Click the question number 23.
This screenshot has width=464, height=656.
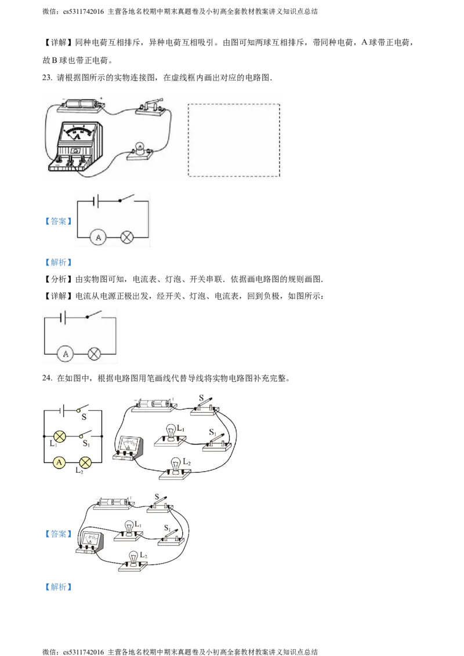click(x=48, y=78)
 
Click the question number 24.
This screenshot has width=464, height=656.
click(x=48, y=378)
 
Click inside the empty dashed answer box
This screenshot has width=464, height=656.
click(x=234, y=140)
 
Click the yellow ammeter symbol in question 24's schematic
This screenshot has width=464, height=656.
click(x=60, y=462)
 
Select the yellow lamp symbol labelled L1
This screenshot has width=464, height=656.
click(x=60, y=436)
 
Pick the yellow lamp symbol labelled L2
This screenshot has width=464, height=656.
click(x=85, y=462)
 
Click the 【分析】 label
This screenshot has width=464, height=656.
click(x=59, y=279)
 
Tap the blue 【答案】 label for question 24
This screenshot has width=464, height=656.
click(x=59, y=534)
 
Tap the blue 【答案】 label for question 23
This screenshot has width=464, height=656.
click(x=59, y=221)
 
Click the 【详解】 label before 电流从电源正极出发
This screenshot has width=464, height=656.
click(x=59, y=296)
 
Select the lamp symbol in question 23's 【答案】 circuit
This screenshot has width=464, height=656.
click(x=127, y=237)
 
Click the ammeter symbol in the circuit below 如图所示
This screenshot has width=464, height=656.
click(x=66, y=354)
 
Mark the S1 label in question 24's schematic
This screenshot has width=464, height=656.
click(x=86, y=443)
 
